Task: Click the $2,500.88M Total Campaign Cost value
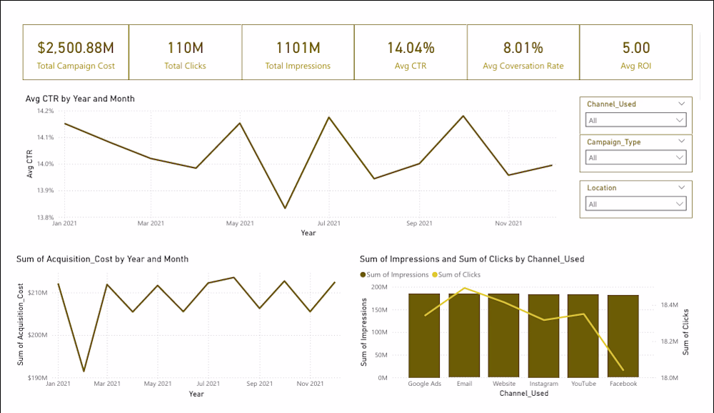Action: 76,48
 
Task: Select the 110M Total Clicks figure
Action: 185,48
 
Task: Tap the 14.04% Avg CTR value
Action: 411,48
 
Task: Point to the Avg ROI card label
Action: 636,66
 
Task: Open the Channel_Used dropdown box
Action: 636,121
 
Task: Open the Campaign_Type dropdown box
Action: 636,158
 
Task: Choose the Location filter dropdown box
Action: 636,204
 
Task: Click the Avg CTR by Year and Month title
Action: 80,99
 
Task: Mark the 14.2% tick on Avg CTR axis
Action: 44,111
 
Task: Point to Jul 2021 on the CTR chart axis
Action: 328,224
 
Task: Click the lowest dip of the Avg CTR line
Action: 285,208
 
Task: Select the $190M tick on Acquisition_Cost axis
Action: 37,377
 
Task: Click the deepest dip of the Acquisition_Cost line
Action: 84,371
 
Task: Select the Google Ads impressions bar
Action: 424,335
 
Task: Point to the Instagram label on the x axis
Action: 543,384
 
